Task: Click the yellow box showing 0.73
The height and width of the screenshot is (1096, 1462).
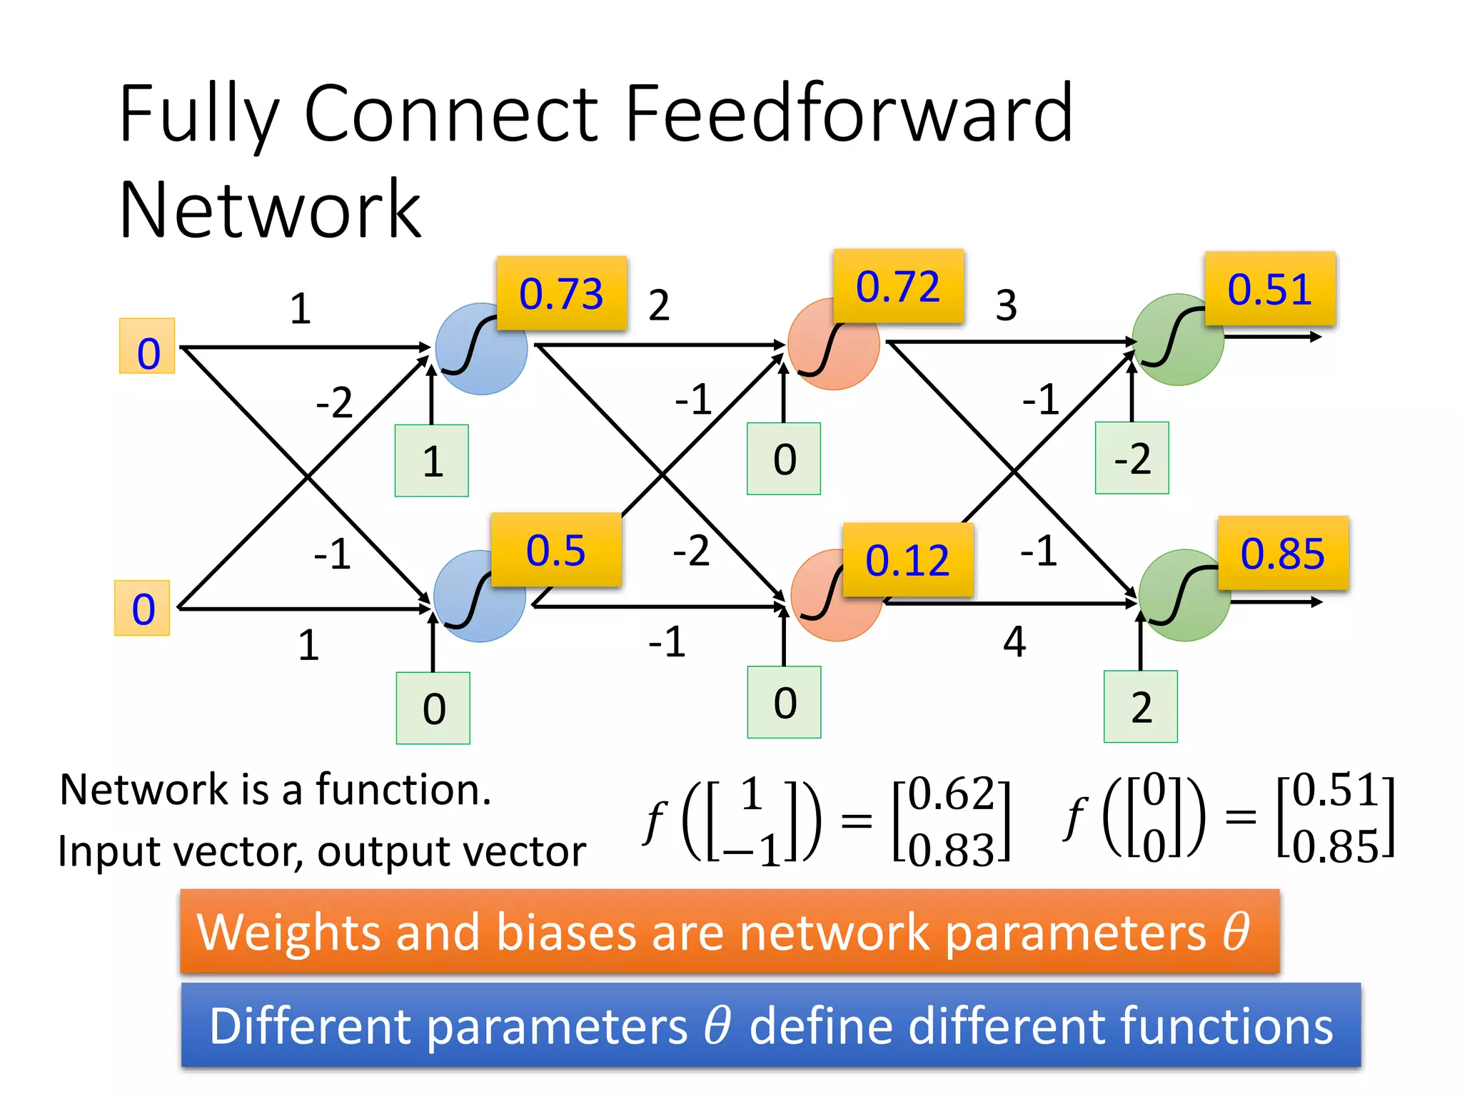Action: pyautogui.click(x=562, y=293)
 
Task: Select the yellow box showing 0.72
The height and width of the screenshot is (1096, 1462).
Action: pyautogui.click(x=898, y=286)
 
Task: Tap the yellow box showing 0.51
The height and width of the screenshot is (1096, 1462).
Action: pyautogui.click(x=1269, y=289)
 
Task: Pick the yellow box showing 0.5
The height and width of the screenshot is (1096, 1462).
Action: pyautogui.click(x=555, y=550)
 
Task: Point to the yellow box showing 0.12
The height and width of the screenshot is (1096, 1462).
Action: pyautogui.click(x=907, y=560)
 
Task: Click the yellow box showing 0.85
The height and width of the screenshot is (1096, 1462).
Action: pyautogui.click(x=1282, y=554)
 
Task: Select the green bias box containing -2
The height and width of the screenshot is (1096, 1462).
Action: pyautogui.click(x=1132, y=458)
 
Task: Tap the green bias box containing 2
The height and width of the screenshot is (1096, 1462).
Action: pyautogui.click(x=1140, y=707)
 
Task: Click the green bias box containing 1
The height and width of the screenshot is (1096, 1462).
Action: pyautogui.click(x=432, y=461)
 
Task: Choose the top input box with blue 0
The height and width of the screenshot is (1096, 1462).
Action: pyautogui.click(x=148, y=346)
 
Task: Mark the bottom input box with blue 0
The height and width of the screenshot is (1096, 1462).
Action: pyautogui.click(x=143, y=609)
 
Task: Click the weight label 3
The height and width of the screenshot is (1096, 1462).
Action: pyautogui.click(x=1006, y=305)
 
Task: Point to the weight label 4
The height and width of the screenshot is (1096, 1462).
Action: pyautogui.click(x=1014, y=641)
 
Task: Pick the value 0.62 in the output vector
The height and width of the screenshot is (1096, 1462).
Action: pyautogui.click(x=951, y=793)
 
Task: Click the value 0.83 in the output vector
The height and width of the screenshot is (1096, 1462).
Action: pyautogui.click(x=951, y=849)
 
